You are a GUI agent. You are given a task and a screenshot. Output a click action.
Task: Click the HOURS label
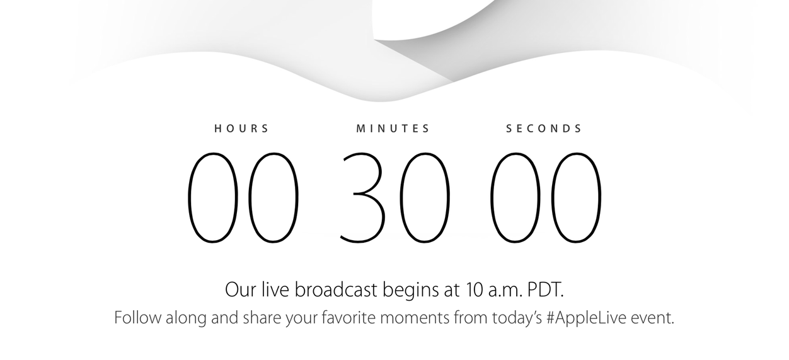[241, 129]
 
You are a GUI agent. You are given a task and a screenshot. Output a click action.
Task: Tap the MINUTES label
[393, 129]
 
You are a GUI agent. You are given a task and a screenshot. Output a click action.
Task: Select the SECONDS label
[544, 129]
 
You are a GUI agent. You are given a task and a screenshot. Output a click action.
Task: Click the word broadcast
[336, 289]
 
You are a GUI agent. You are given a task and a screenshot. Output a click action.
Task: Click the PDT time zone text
[545, 290]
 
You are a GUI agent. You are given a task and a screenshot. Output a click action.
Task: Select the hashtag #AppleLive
[587, 318]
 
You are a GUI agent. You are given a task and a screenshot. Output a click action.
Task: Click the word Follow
[138, 317]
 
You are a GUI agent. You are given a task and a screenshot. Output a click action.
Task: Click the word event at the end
[652, 318]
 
